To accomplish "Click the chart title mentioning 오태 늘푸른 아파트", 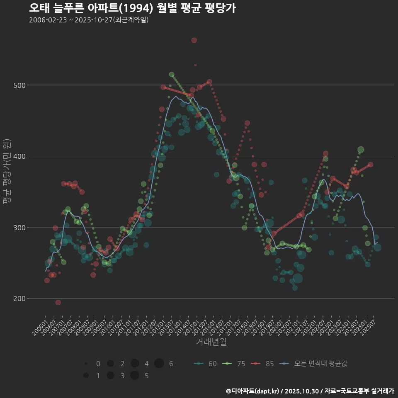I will [133, 8].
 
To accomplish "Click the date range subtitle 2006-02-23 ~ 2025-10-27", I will [89, 20].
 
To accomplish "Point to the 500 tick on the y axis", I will [20, 85].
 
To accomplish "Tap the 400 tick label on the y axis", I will [20, 156].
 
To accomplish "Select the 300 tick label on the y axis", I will [20, 228].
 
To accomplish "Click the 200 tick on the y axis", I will [20, 298].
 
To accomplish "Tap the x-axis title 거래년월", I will [211, 342].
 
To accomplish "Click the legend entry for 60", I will [206, 364].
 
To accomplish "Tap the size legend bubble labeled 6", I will [159, 364].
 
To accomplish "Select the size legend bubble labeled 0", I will [86, 364].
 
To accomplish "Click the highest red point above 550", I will [194, 40].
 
